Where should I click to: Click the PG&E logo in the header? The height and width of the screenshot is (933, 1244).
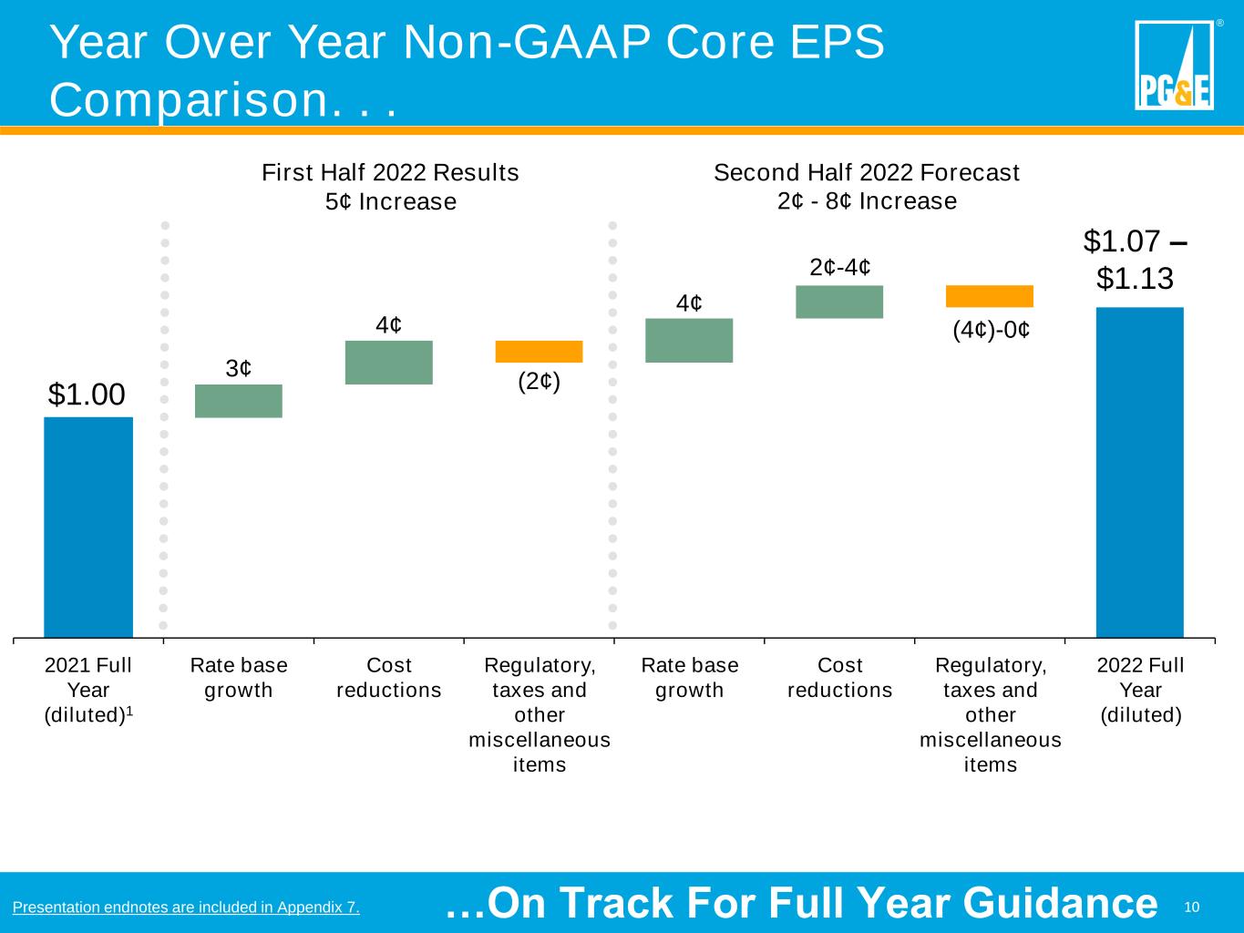(1174, 65)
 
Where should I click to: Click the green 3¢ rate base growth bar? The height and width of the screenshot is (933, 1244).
(239, 401)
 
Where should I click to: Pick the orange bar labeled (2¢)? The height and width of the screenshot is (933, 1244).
(539, 352)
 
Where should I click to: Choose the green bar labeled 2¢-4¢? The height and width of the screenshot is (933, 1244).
(839, 302)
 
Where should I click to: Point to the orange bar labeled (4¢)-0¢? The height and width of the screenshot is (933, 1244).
(990, 296)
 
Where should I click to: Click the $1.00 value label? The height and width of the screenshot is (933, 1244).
(87, 395)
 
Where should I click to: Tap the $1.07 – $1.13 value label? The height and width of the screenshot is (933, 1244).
(1135, 261)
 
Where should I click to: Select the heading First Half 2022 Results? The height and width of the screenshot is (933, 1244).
(390, 172)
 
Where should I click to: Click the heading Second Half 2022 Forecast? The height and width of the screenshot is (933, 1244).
(867, 172)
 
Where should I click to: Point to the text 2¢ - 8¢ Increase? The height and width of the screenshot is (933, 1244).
(867, 200)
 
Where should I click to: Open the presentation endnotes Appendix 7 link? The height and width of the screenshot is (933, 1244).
(186, 907)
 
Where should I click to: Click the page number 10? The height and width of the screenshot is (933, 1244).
(1191, 907)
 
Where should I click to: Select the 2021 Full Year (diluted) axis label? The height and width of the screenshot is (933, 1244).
(88, 691)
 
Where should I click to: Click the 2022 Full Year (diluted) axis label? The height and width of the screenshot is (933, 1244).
(1140, 691)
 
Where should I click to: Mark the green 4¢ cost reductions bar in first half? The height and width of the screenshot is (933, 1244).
(389, 363)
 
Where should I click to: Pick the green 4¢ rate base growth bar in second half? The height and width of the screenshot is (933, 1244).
(689, 341)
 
